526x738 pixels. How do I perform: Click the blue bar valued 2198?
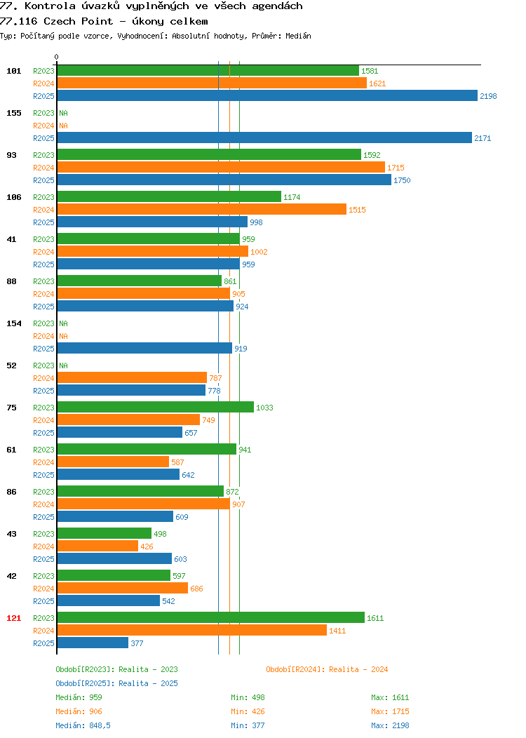267,96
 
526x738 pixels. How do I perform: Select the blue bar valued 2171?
264,138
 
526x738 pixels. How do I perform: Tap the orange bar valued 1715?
221,168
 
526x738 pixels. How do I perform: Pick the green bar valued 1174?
170,196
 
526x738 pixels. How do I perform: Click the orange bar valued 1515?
202,210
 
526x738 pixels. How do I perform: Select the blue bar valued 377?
93,643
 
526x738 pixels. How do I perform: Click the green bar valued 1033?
156,407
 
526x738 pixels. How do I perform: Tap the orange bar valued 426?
98,546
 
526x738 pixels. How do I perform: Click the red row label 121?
13,618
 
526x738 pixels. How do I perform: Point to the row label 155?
13,113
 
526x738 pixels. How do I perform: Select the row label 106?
13,197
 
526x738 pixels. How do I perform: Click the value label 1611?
375,618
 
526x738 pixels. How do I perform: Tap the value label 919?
241,349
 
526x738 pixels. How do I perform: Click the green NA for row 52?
64,365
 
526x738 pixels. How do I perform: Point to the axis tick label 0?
57,57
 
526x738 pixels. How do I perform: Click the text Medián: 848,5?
83,725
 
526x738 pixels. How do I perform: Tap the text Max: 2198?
390,725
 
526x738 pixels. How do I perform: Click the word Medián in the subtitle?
298,36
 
